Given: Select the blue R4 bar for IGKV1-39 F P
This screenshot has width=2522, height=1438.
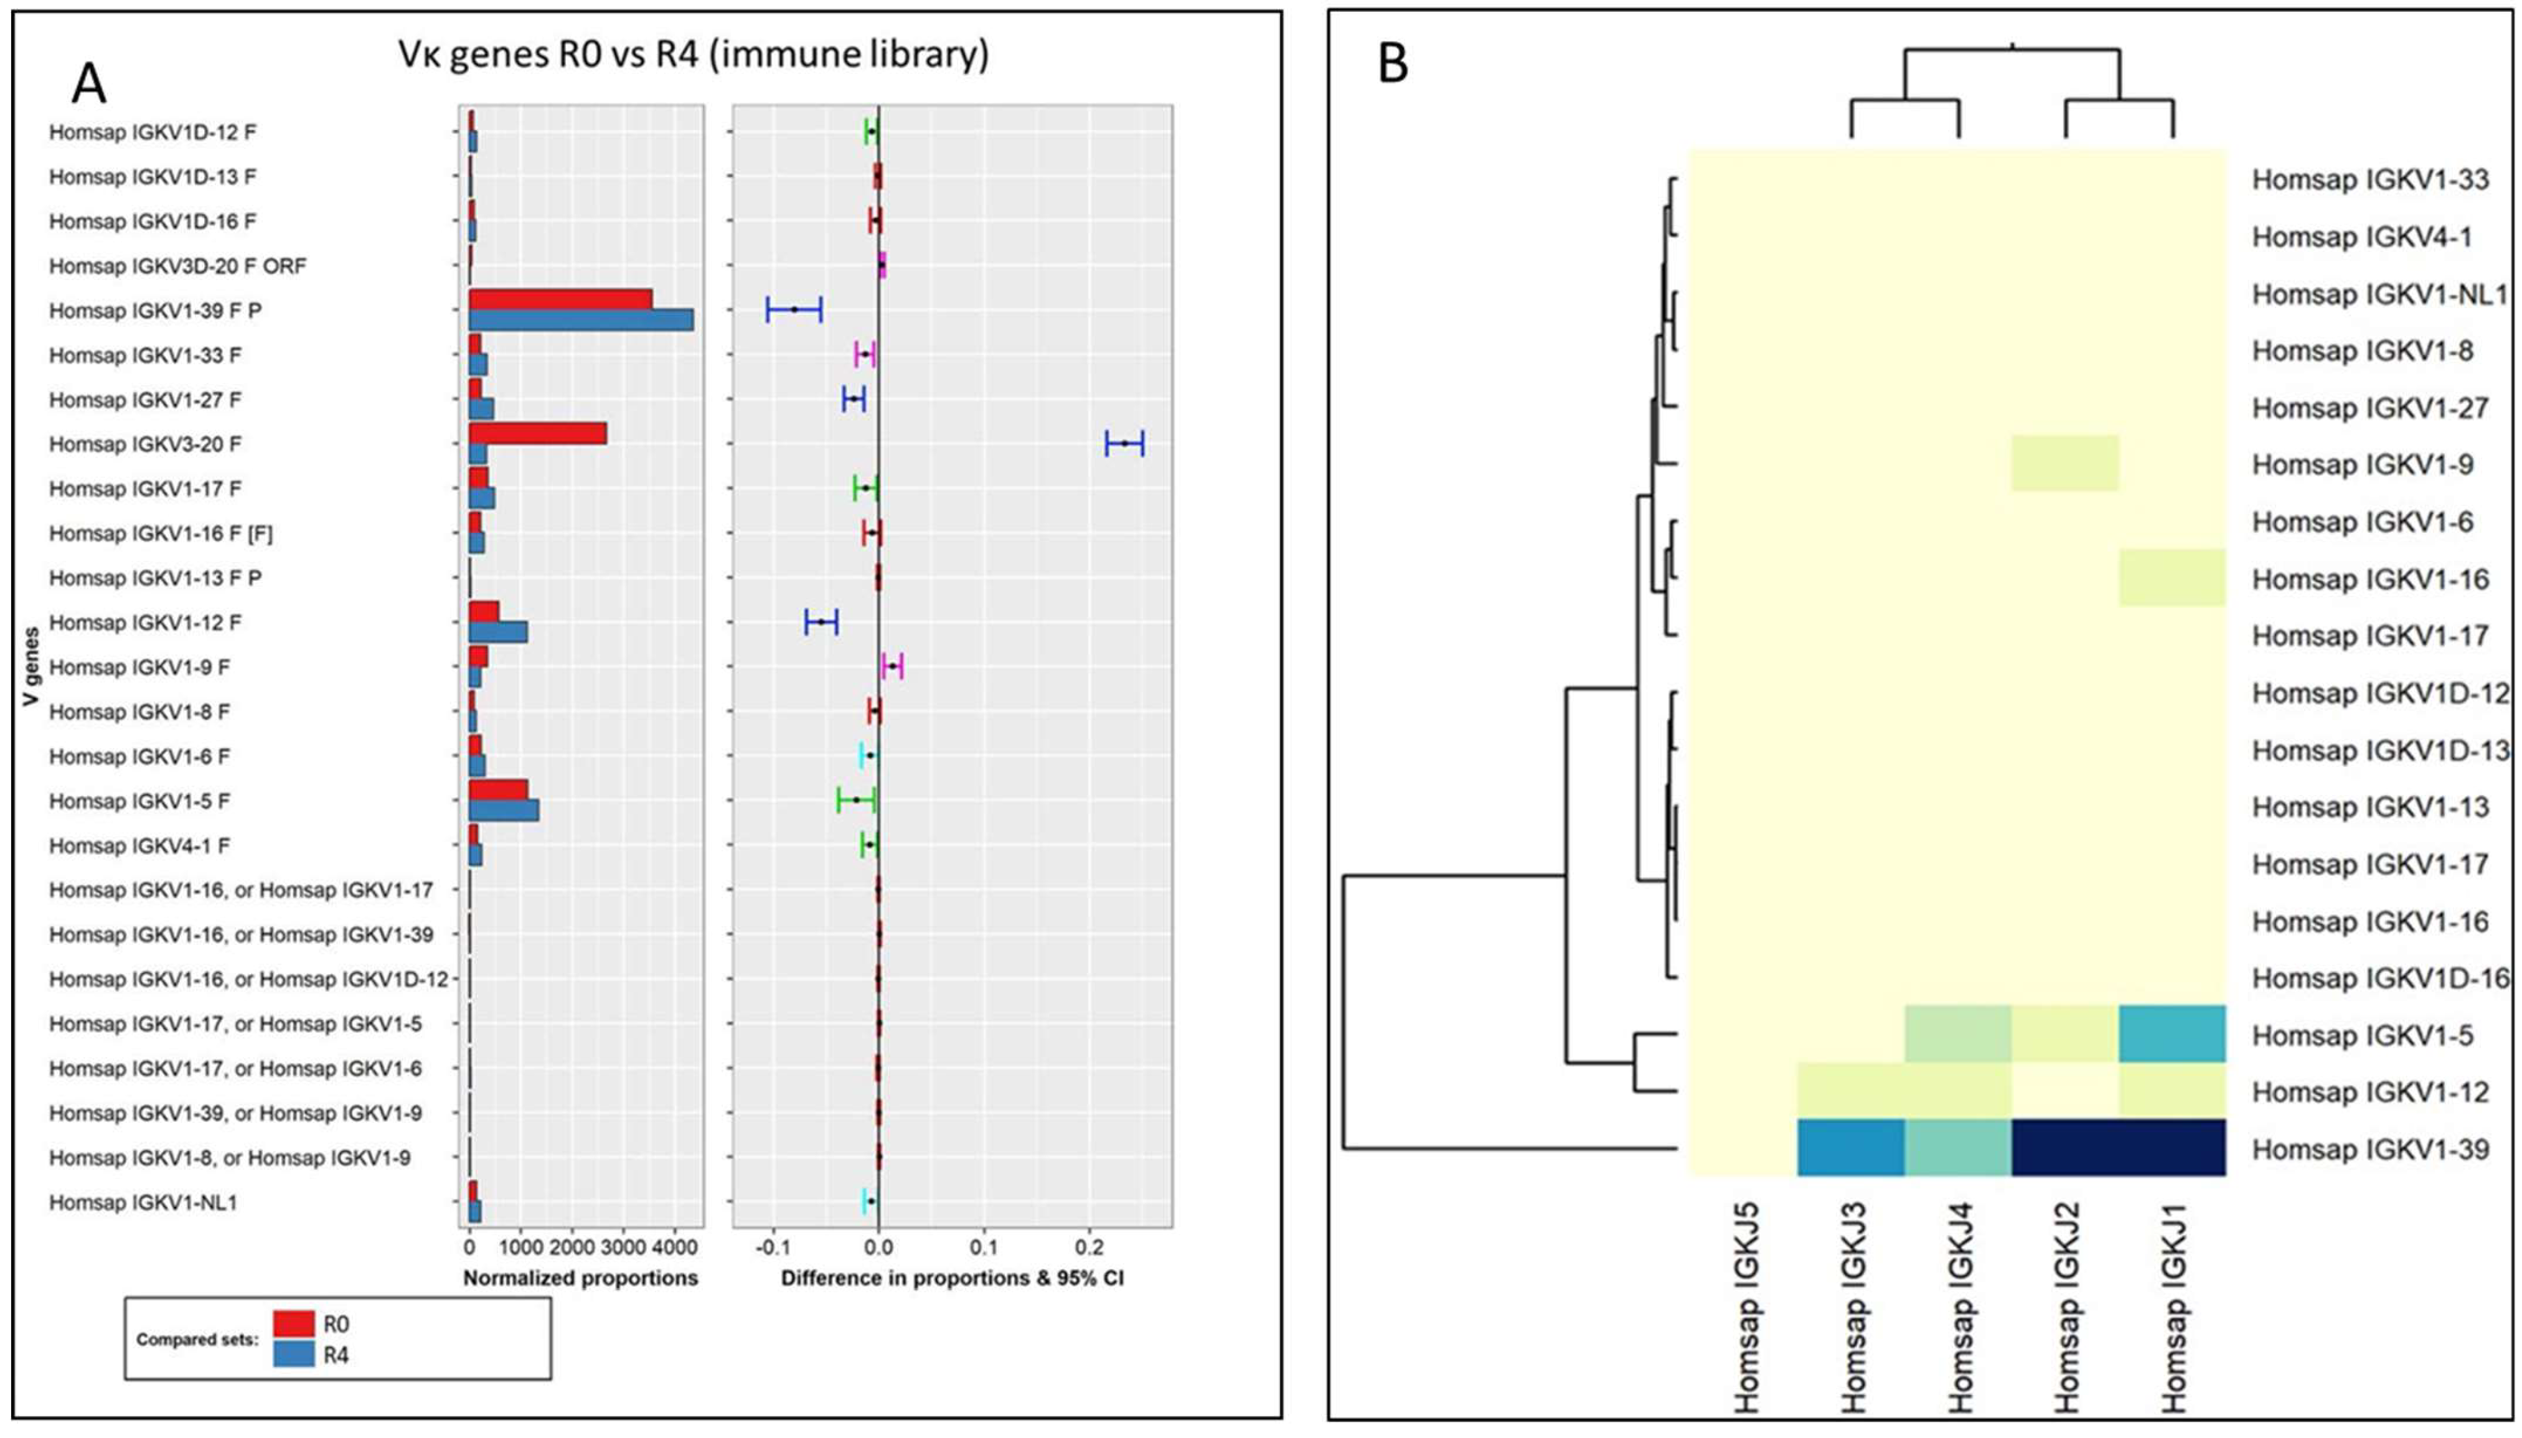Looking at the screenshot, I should (x=581, y=320).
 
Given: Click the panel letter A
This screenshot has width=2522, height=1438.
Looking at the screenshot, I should (x=89, y=85).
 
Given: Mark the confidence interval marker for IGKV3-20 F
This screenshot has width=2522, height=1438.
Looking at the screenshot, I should (x=1124, y=443).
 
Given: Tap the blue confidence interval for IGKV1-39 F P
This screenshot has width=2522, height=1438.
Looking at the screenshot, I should (x=794, y=310).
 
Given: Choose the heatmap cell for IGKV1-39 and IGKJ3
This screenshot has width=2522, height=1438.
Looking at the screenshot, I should (x=1850, y=1148).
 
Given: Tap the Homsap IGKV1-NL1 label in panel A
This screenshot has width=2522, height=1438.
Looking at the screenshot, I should (x=143, y=1203).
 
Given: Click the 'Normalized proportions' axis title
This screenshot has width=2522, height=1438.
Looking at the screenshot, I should (x=581, y=1278).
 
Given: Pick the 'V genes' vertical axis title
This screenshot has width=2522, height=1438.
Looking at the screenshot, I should (x=32, y=665).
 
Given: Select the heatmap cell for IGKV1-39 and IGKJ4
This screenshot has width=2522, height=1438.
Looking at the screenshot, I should (x=1957, y=1148).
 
